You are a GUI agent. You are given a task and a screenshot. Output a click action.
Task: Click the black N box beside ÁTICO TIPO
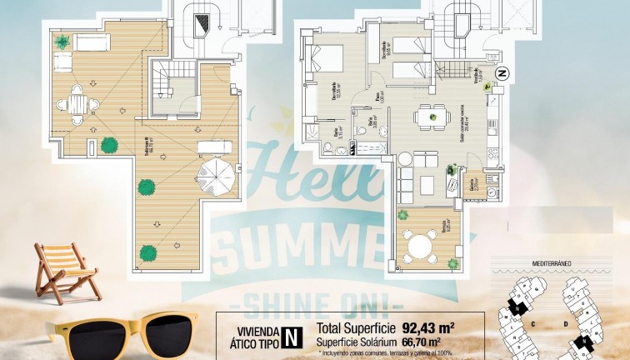291,336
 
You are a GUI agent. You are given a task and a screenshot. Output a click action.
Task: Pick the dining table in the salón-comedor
432,117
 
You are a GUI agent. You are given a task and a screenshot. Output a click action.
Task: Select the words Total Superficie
354,327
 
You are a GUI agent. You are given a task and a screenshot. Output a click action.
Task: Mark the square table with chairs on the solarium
77,104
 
